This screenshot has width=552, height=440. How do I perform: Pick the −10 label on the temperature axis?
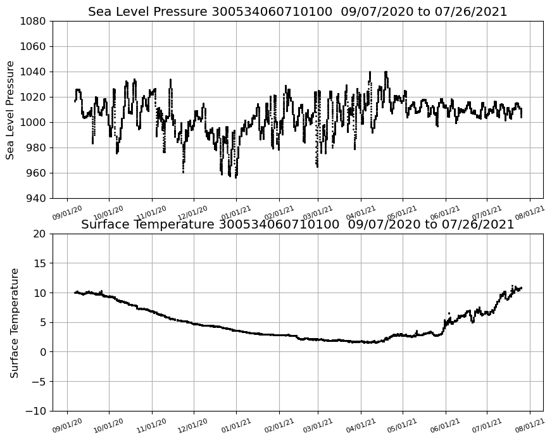pos(35,411)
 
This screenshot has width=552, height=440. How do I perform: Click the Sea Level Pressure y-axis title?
pos(10,110)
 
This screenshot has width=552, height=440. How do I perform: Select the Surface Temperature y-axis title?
pos(14,323)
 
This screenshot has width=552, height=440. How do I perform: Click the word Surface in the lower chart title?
pos(104,225)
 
